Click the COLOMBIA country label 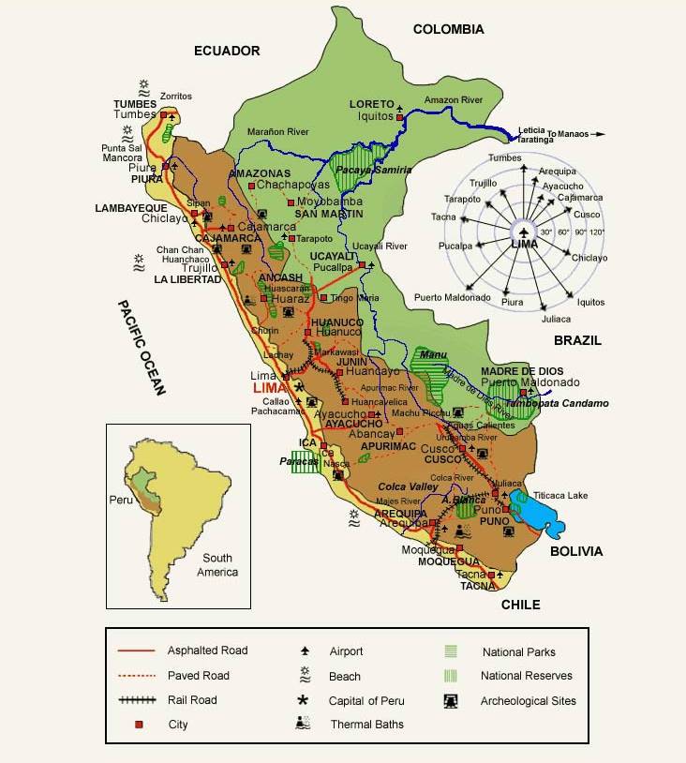point(448,29)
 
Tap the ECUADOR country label point(227,51)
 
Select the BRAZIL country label point(577,340)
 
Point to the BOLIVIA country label point(576,551)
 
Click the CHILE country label point(520,605)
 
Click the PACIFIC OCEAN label point(141,348)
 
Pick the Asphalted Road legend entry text point(207,651)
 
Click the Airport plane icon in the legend point(304,651)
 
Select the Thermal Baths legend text point(366,725)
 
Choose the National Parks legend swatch point(452,651)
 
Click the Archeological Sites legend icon point(452,700)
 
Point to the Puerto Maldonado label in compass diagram point(453,297)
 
